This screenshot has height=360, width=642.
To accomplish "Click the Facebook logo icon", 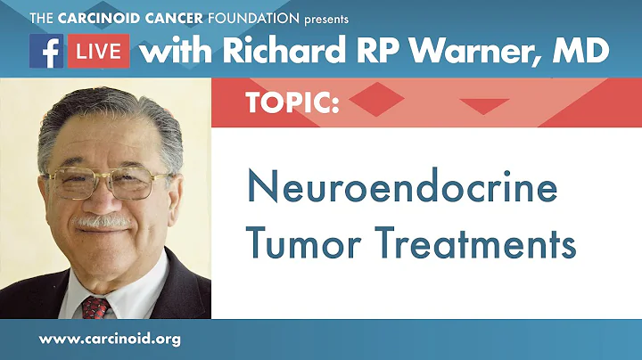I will pos(45,53).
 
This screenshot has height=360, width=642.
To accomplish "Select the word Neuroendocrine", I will pos(401,190).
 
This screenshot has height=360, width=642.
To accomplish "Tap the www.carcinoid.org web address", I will pos(112,340).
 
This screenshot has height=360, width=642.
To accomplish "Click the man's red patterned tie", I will pos(94,306).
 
